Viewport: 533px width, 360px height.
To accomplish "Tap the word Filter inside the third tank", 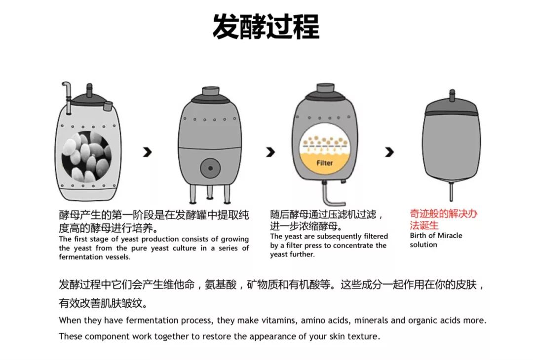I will pyautogui.click(x=324, y=163).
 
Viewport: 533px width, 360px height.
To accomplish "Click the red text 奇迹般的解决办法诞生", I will pyautogui.click(x=443, y=219).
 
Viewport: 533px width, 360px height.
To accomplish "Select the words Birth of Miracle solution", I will pyautogui.click(x=435, y=240).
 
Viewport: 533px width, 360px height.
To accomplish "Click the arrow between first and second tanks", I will pyautogui.click(x=147, y=152).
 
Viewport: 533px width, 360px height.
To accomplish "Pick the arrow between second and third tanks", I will pyautogui.click(x=270, y=152).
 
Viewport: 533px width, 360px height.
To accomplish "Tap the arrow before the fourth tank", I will pyautogui.click(x=389, y=152).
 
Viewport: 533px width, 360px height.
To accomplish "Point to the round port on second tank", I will pyautogui.click(x=211, y=168).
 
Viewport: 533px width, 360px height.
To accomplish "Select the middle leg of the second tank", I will pyautogui.click(x=210, y=192).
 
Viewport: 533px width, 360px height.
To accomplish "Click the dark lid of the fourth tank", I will pyautogui.click(x=451, y=107).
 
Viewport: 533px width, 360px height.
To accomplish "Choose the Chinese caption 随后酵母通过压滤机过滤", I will pyautogui.click(x=326, y=215).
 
